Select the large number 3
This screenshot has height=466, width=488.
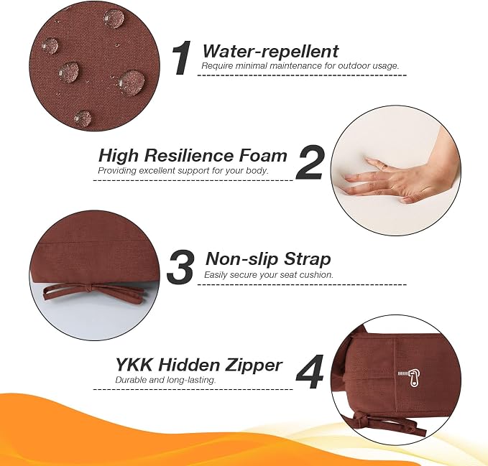coord(180,266)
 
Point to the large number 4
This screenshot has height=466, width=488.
coord(310,371)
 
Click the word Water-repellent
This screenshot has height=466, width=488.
coord(270,51)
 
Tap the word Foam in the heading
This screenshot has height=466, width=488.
coord(262,155)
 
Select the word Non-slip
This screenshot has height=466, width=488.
coord(241,258)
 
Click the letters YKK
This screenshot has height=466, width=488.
coord(134,364)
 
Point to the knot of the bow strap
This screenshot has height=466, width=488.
coord(88,289)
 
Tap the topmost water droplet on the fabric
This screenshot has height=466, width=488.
coord(114,18)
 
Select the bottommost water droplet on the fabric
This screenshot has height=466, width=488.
coord(83,117)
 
